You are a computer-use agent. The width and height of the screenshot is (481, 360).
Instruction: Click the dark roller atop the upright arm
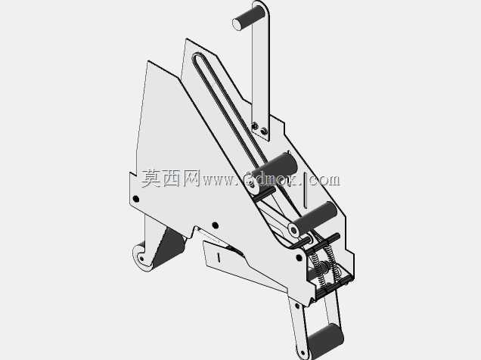click(249, 17)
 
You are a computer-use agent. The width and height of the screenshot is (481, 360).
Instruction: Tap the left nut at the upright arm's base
click(255, 126)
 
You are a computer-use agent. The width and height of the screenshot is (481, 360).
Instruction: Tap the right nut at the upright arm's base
click(263, 132)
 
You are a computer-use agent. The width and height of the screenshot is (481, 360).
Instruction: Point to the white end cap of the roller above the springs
click(293, 230)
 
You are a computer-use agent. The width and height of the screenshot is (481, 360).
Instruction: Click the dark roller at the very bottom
click(325, 340)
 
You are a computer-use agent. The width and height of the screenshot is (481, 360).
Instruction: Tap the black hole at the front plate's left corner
click(135, 199)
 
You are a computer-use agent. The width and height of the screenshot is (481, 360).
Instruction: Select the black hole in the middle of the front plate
click(216, 225)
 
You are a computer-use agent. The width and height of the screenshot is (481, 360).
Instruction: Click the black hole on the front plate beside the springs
click(299, 257)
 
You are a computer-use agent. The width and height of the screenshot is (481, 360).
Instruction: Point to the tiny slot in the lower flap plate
click(219, 257)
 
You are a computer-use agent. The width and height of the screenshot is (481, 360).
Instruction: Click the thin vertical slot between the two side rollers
click(306, 190)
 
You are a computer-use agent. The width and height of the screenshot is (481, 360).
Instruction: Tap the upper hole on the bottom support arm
click(297, 306)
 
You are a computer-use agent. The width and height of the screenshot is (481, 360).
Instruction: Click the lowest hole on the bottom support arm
click(303, 353)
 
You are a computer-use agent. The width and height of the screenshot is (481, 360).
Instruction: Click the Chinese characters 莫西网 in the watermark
click(171, 178)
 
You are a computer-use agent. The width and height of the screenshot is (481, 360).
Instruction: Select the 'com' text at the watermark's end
click(325, 180)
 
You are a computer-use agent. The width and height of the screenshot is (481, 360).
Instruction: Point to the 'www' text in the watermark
click(219, 181)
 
